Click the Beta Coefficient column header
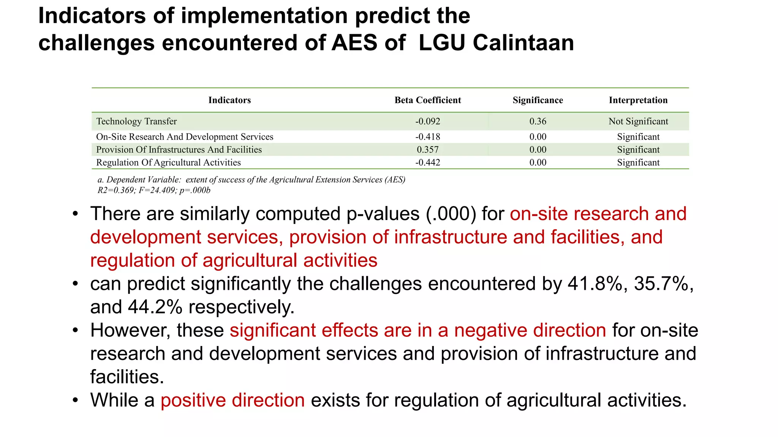pyautogui.click(x=427, y=100)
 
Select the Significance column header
pyautogui.click(x=538, y=100)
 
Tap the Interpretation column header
pyautogui.click(x=638, y=100)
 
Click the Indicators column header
pyautogui.click(x=229, y=100)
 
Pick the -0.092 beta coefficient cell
pyautogui.click(x=427, y=121)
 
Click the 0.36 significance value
pyautogui.click(x=538, y=121)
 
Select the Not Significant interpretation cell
pyautogui.click(x=638, y=121)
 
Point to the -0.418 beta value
pyautogui.click(x=427, y=137)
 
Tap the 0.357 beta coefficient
pyautogui.click(x=427, y=149)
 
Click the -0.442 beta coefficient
pyautogui.click(x=427, y=162)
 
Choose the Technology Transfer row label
pyautogui.click(x=136, y=121)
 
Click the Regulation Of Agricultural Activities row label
pyautogui.click(x=168, y=162)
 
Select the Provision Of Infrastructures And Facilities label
pyautogui.click(x=179, y=149)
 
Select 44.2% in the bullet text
pyautogui.click(x=155, y=307)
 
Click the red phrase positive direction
pyautogui.click(x=232, y=400)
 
